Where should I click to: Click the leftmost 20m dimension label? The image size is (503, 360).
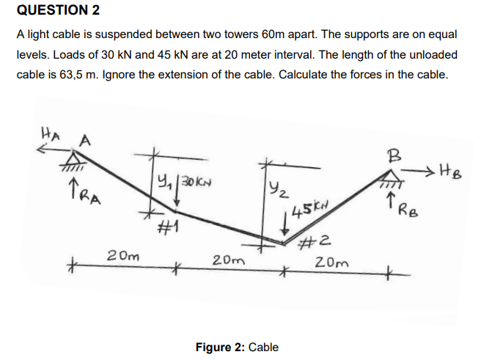pyautogui.click(x=120, y=257)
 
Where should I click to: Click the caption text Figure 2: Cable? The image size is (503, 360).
pyautogui.click(x=237, y=347)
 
